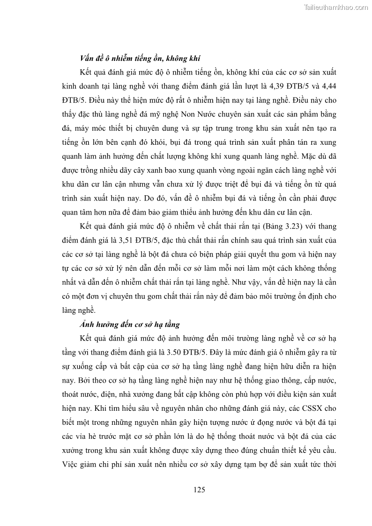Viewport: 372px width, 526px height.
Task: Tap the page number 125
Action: [199, 490]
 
